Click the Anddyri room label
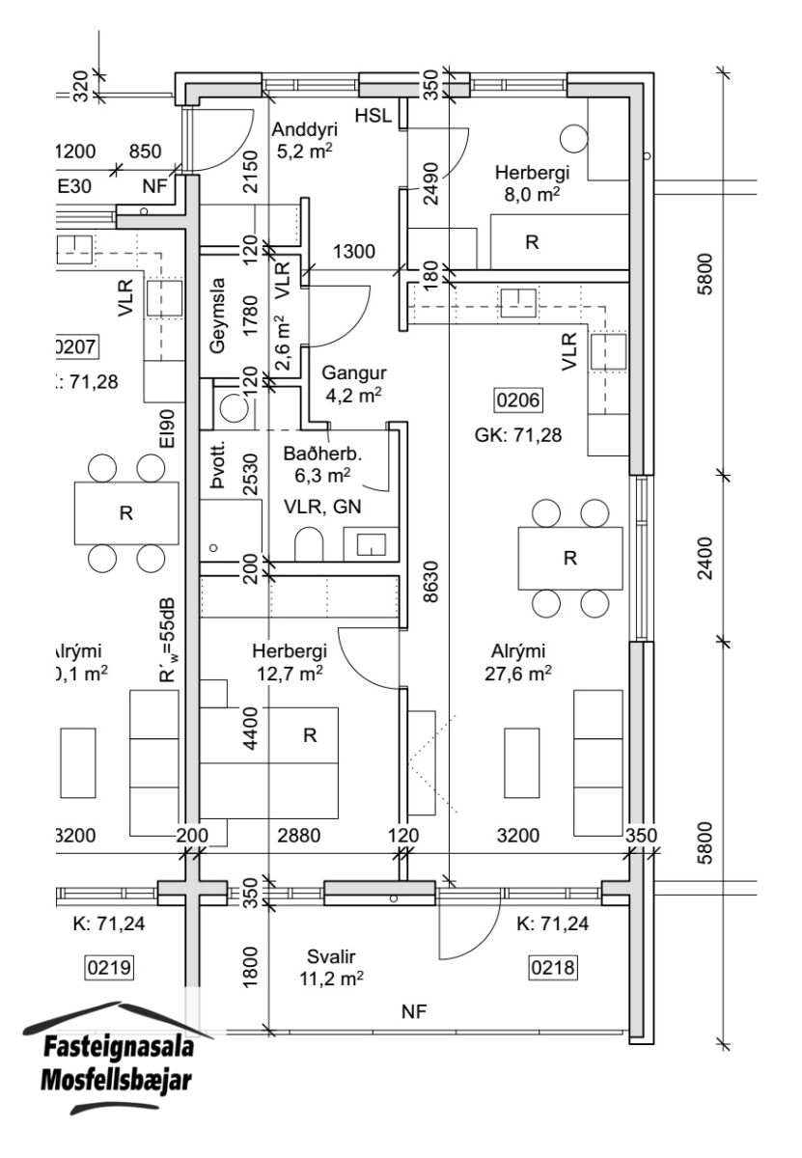(x=301, y=130)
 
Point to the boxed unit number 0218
(x=552, y=966)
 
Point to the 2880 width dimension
(x=298, y=836)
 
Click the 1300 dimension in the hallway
(x=354, y=254)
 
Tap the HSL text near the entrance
(x=373, y=117)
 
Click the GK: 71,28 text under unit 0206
(x=519, y=435)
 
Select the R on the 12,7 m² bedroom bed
(x=310, y=736)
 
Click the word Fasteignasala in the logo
(x=120, y=1048)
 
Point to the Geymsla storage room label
(x=217, y=317)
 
